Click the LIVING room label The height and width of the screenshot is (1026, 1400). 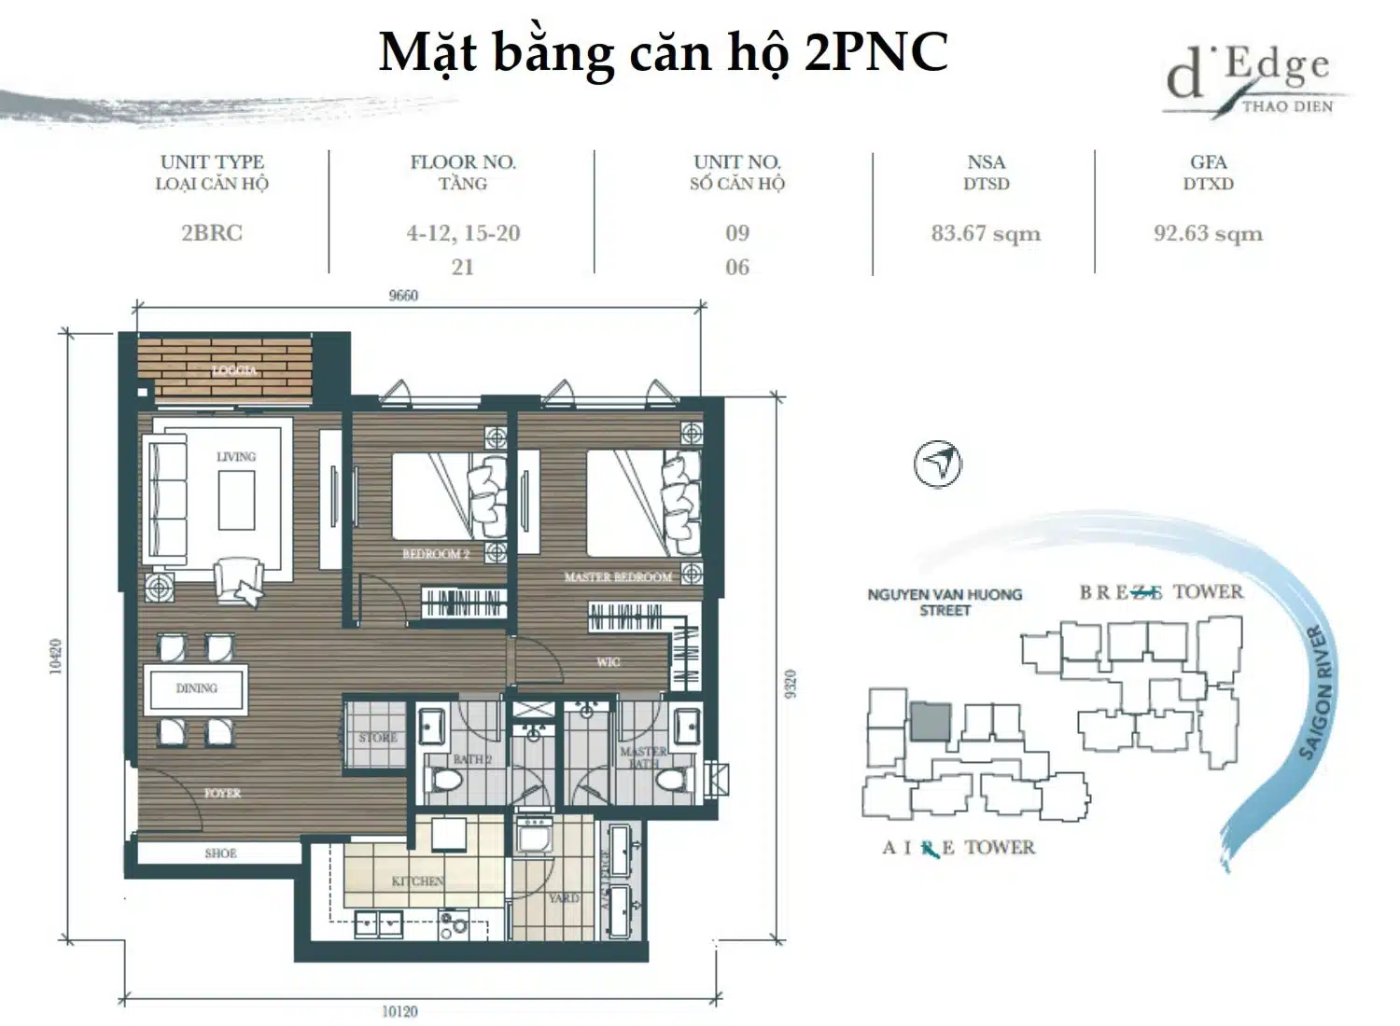click(x=235, y=457)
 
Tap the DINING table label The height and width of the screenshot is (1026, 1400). click(x=196, y=688)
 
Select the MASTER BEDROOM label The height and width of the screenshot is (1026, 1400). click(x=618, y=577)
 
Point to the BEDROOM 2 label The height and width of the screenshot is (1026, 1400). click(x=436, y=554)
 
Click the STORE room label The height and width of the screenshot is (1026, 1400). click(x=378, y=738)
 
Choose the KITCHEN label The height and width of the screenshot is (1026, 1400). click(x=417, y=881)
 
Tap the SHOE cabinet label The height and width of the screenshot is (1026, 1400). click(x=220, y=853)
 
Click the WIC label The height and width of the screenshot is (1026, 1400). click(x=608, y=662)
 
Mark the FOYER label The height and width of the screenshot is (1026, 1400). click(x=222, y=794)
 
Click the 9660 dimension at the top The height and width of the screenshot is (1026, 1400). click(x=403, y=296)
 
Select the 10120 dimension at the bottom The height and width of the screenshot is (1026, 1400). click(x=399, y=1011)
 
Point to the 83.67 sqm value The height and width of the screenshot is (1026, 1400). click(x=986, y=233)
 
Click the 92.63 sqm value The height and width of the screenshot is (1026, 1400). click(x=1208, y=233)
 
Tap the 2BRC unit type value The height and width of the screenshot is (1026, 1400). click(x=212, y=233)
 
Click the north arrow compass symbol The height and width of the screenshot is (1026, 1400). click(x=938, y=464)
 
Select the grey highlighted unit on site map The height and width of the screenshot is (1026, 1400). click(x=931, y=722)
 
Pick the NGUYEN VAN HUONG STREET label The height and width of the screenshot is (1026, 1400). click(x=945, y=602)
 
